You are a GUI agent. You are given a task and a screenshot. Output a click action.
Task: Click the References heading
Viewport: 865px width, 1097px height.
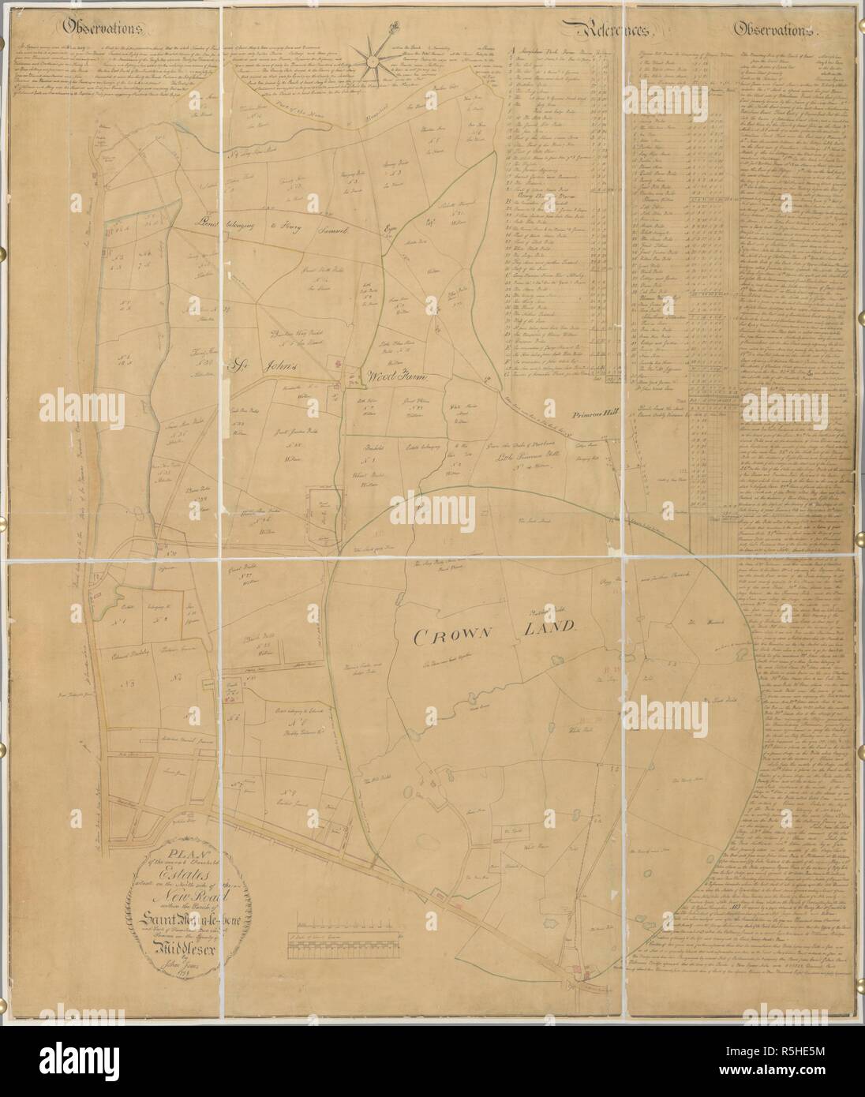(x=612, y=32)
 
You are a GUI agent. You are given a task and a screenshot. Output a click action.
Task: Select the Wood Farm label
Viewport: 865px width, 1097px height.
(x=395, y=377)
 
